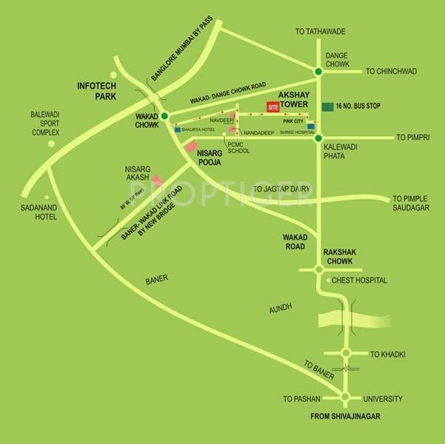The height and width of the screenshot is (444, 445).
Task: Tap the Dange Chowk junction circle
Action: tap(318, 71)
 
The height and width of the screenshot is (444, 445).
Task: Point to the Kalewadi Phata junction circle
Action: tap(318, 138)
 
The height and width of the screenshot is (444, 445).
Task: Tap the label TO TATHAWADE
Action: tap(320, 31)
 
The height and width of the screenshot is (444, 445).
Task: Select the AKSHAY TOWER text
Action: tap(299, 100)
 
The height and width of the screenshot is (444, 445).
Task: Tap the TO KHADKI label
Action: tap(387, 354)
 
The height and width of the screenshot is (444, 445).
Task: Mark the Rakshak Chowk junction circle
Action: tap(318, 271)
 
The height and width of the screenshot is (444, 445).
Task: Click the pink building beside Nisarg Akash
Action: tap(158, 181)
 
